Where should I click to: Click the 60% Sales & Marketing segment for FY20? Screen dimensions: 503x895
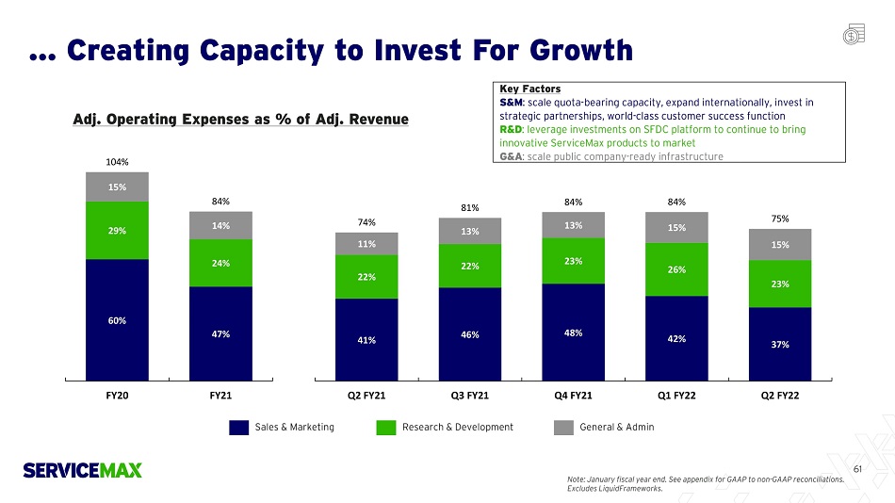point(117,319)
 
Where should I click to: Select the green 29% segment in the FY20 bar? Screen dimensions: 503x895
point(117,230)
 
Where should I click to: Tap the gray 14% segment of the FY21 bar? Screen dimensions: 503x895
point(220,225)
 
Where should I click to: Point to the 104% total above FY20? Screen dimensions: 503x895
point(117,162)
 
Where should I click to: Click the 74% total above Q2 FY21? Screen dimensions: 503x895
point(366,222)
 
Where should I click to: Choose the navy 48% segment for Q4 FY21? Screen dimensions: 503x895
point(573,331)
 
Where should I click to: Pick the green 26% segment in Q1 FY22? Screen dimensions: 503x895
point(676,268)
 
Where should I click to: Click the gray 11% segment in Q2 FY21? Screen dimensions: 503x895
point(366,244)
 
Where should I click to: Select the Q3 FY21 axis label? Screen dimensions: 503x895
point(470,396)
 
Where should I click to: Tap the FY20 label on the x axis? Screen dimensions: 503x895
point(117,396)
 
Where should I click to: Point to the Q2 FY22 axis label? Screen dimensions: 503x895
point(780,396)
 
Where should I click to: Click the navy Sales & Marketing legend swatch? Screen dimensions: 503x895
point(238,428)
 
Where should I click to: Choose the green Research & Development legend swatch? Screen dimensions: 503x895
point(384,428)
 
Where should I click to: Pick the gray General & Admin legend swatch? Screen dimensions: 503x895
point(562,428)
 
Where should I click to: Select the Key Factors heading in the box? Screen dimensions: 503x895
point(529,89)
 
